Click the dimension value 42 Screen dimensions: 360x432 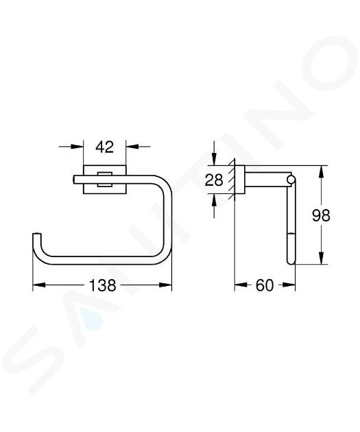click(x=105, y=147)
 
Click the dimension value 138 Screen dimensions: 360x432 click(x=102, y=285)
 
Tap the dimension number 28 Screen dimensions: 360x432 click(x=214, y=180)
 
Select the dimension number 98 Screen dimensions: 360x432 click(x=321, y=215)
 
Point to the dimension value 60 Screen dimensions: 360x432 click(x=265, y=285)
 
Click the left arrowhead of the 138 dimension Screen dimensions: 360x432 click(x=39, y=285)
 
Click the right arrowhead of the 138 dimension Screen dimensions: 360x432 click(x=165, y=285)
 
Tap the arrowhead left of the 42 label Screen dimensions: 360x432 click(x=77, y=147)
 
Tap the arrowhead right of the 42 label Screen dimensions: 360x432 click(x=132, y=147)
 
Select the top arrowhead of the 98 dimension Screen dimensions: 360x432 click(x=321, y=171)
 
